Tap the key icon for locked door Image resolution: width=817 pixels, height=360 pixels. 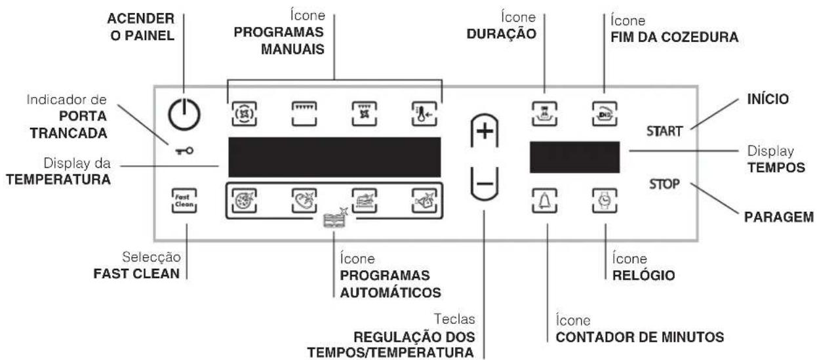point(184,151)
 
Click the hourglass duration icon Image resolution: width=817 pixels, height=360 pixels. point(546,109)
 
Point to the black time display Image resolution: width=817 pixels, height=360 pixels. point(574,156)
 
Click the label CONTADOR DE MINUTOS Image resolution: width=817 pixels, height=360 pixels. point(635,338)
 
